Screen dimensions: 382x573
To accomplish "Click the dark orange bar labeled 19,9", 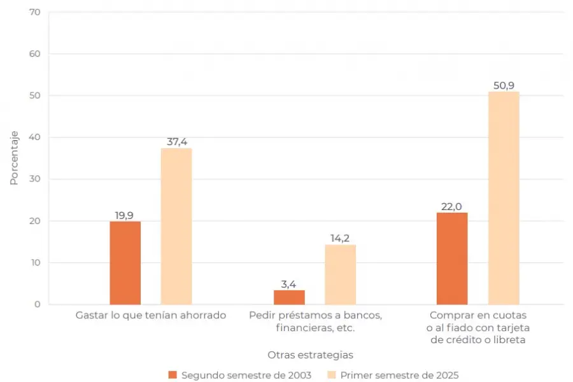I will pyautogui.click(x=125, y=262).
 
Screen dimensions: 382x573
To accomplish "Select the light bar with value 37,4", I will pyautogui.click(x=176, y=226).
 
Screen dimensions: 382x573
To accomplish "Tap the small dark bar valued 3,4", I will pyautogui.click(x=289, y=297).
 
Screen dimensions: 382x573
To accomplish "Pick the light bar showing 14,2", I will pyautogui.click(x=340, y=274).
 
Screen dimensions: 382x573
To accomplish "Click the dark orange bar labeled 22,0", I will pyautogui.click(x=452, y=258).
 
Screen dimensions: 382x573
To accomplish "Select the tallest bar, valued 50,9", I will pyautogui.click(x=504, y=198).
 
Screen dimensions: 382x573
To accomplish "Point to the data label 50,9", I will pyautogui.click(x=504, y=85).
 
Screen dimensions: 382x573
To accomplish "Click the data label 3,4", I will pyautogui.click(x=289, y=284).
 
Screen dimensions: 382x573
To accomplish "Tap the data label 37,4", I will pyautogui.click(x=176, y=142).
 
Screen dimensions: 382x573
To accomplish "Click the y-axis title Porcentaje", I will pyautogui.click(x=14, y=158).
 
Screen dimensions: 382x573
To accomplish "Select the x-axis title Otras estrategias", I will pyautogui.click(x=310, y=354).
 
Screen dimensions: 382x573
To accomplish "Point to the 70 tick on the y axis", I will pyautogui.click(x=34, y=12).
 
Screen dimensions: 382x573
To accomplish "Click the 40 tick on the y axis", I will pyautogui.click(x=34, y=138).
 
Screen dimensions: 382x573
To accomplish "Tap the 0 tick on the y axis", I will pyautogui.click(x=37, y=304).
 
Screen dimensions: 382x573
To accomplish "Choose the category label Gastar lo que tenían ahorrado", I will pyautogui.click(x=150, y=315).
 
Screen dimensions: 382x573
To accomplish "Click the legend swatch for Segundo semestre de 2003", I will pyautogui.click(x=173, y=375).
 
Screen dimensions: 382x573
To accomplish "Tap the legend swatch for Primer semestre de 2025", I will pyautogui.click(x=331, y=375).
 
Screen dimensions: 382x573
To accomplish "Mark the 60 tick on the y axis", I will pyautogui.click(x=34, y=54).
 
